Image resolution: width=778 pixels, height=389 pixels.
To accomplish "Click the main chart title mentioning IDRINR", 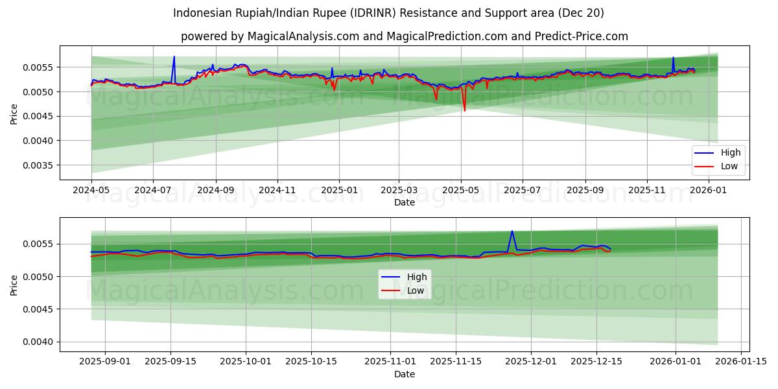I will [388, 13].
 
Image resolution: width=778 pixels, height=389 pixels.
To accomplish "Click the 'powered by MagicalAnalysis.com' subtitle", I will [404, 36].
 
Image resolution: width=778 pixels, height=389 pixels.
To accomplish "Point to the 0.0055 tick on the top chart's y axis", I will [40, 67].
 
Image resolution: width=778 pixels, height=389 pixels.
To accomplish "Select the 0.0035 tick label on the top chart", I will [40, 165].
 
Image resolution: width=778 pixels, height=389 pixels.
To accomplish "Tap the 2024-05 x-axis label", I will [91, 190].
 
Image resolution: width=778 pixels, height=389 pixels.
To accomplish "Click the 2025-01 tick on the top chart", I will [339, 190].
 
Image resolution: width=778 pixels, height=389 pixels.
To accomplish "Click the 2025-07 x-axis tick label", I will [523, 190].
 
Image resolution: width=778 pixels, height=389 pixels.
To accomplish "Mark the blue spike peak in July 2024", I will [174, 56].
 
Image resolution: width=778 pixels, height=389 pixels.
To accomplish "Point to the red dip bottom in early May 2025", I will [464, 110].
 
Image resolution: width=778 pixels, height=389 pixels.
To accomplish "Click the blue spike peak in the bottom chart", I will [512, 231].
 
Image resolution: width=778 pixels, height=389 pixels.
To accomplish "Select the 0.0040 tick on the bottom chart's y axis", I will [40, 342].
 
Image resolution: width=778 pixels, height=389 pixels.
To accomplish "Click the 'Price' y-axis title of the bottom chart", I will [14, 285].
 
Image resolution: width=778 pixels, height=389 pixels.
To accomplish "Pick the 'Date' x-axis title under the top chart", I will [404, 202].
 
